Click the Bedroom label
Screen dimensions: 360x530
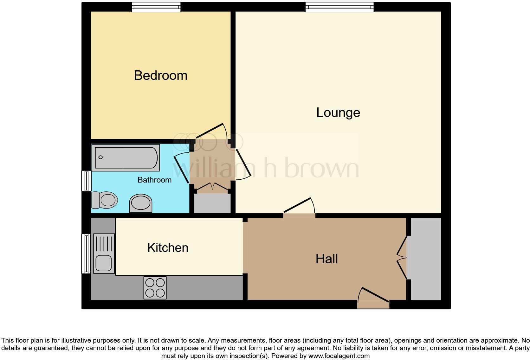[161, 75]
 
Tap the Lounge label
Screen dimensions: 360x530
[338, 113]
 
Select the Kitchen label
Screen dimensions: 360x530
[168, 248]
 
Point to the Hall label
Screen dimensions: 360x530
[326, 259]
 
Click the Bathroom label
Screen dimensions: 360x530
[154, 180]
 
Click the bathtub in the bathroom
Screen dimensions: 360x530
[126, 157]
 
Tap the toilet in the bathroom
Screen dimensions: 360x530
[105, 200]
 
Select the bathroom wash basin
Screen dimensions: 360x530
[141, 203]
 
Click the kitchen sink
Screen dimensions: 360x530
[104, 254]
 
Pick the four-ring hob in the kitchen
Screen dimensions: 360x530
[155, 288]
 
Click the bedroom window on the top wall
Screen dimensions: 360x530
[156, 7]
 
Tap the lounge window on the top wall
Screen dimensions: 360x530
[339, 7]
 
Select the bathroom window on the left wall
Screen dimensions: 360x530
[86, 181]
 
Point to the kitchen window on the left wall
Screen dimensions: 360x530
[86, 254]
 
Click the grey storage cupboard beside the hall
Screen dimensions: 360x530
[426, 259]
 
